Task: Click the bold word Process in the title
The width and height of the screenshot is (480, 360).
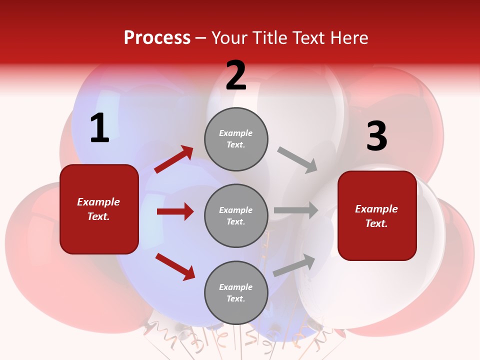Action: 157,37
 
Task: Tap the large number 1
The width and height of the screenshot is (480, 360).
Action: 99,128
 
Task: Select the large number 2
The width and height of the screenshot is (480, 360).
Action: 236,75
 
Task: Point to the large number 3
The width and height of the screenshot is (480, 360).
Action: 376,136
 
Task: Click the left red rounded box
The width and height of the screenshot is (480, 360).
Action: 99,209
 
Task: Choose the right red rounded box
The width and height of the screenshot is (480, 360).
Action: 377,215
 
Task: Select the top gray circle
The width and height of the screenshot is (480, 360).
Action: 236,139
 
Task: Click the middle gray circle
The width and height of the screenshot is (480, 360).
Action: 236,215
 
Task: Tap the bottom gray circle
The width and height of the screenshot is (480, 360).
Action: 236,292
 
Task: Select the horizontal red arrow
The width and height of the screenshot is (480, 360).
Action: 175,211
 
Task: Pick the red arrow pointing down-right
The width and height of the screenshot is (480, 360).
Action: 175,266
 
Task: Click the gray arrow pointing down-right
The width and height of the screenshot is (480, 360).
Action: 298,160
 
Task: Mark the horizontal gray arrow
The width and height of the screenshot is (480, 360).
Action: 296,210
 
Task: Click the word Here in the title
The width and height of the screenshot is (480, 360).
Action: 348,37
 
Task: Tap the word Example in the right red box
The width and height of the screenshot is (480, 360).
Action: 376,209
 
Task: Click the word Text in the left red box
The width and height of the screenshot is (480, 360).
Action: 98,216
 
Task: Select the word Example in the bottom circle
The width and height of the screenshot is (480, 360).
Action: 235,287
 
